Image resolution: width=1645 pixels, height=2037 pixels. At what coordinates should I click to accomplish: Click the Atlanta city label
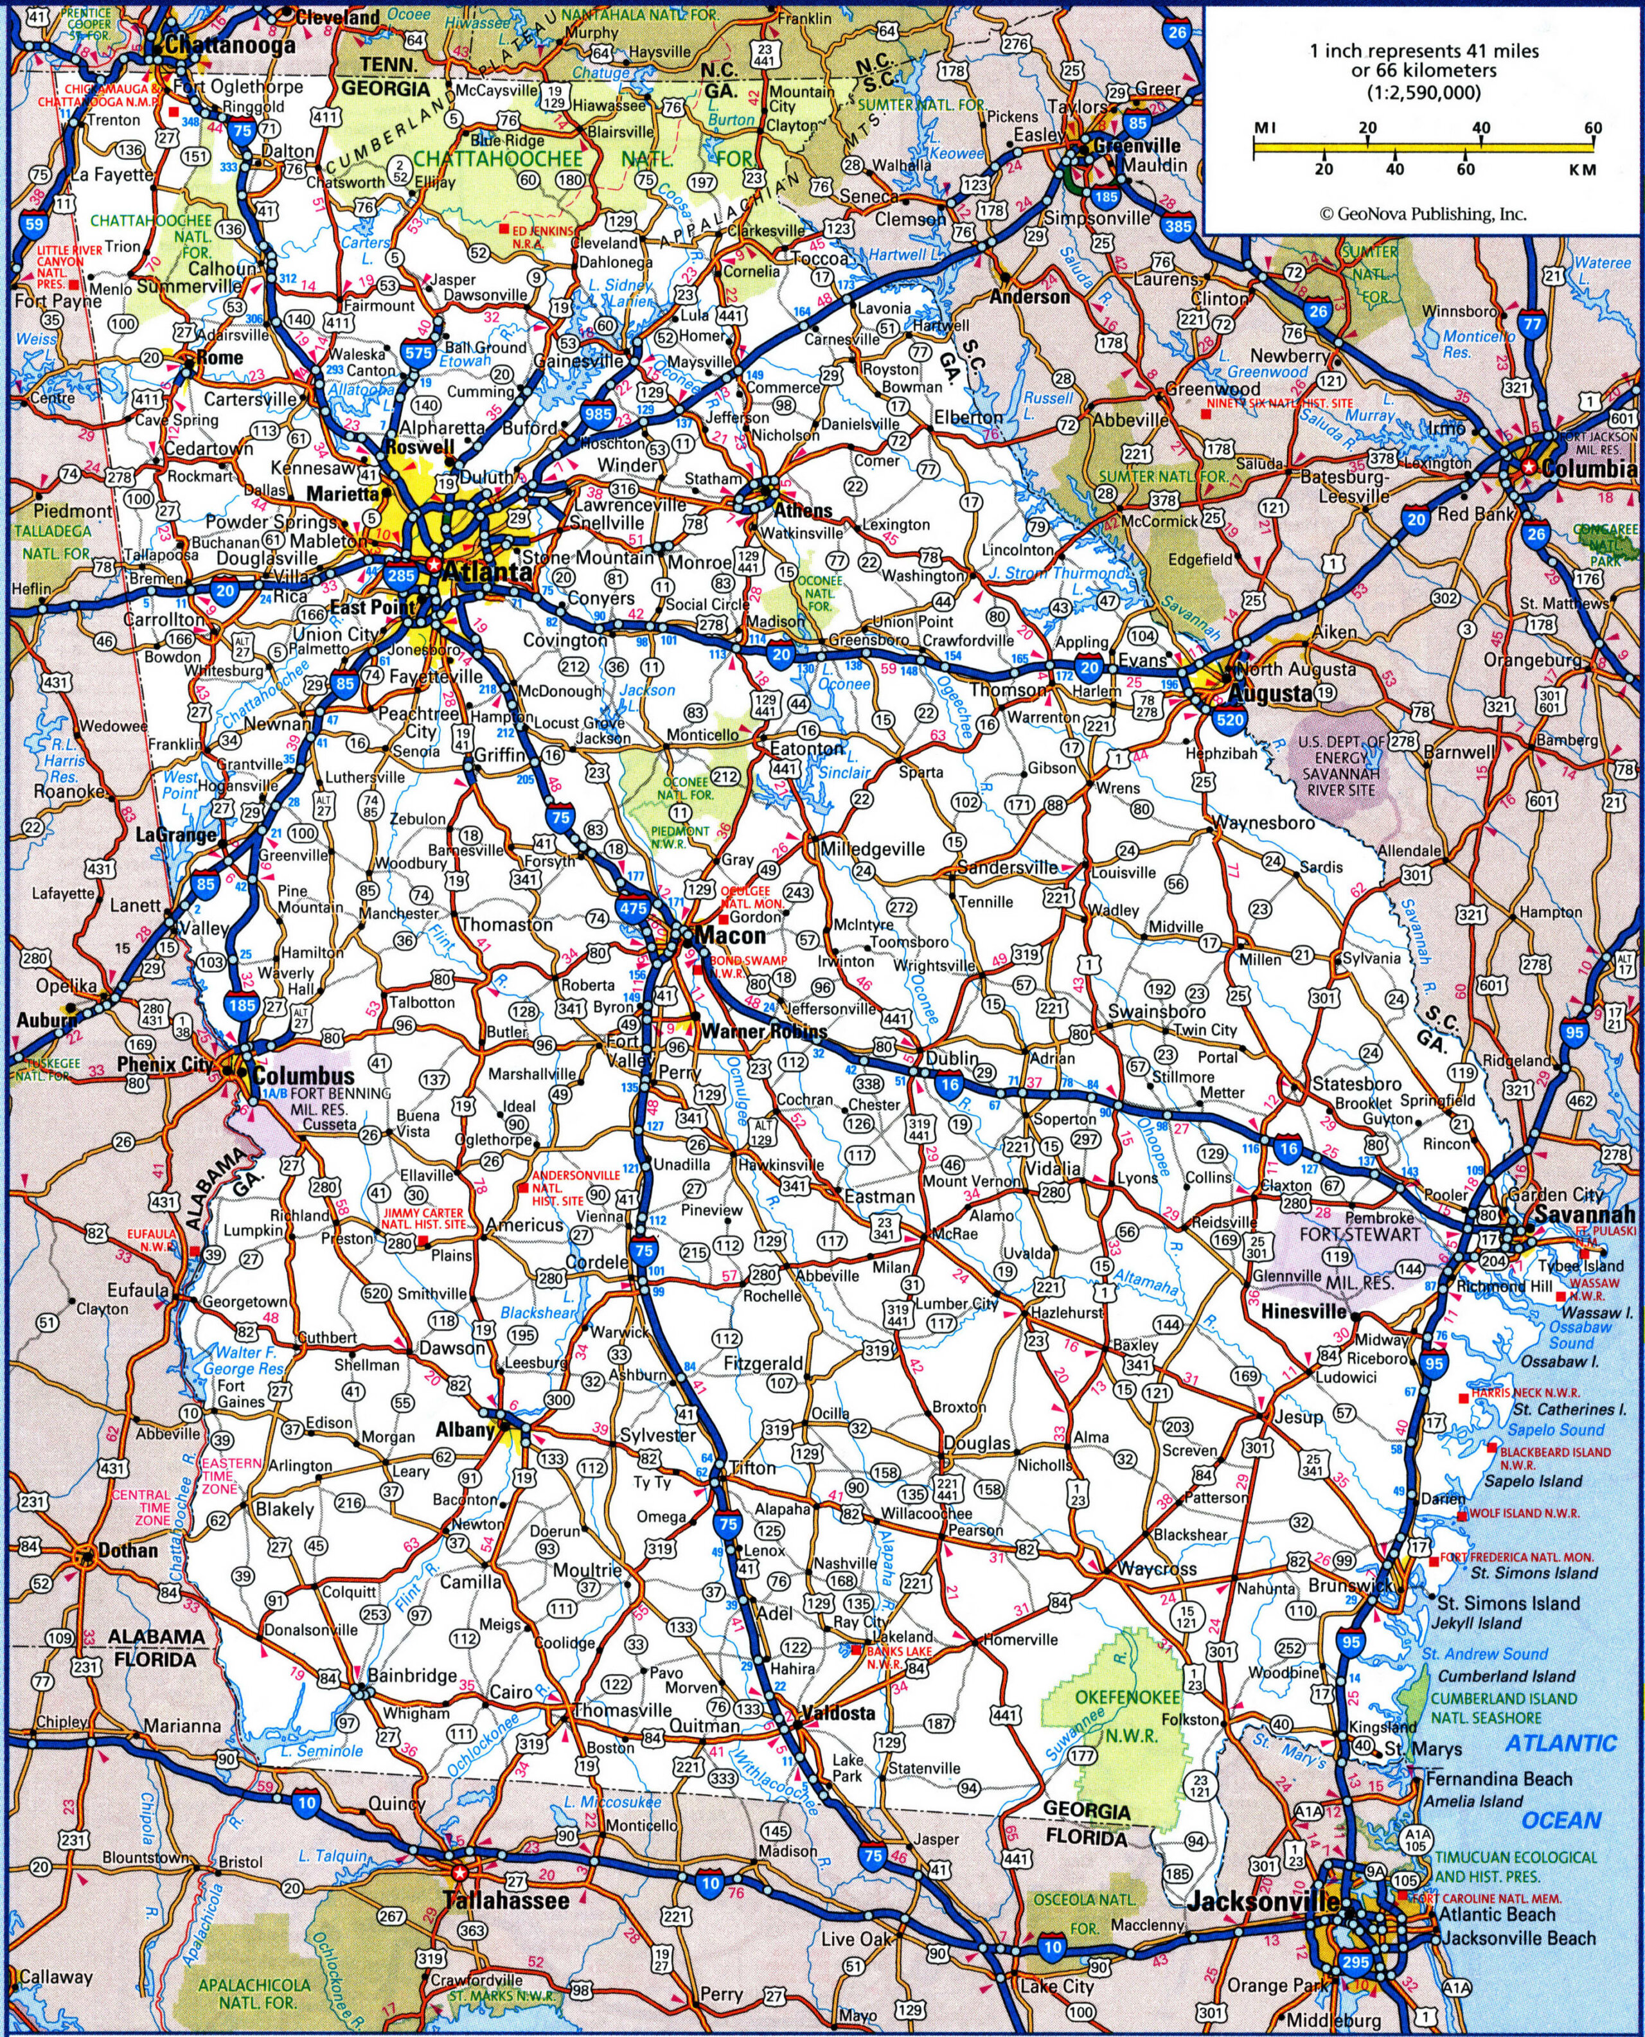tap(487, 573)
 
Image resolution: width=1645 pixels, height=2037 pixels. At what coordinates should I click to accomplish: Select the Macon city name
tap(729, 935)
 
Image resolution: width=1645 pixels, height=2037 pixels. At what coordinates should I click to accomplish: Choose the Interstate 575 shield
tap(418, 351)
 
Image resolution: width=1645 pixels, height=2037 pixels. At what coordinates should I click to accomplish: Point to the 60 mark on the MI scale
tap(1592, 127)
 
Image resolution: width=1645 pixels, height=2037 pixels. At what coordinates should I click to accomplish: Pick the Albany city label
tap(465, 1430)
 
